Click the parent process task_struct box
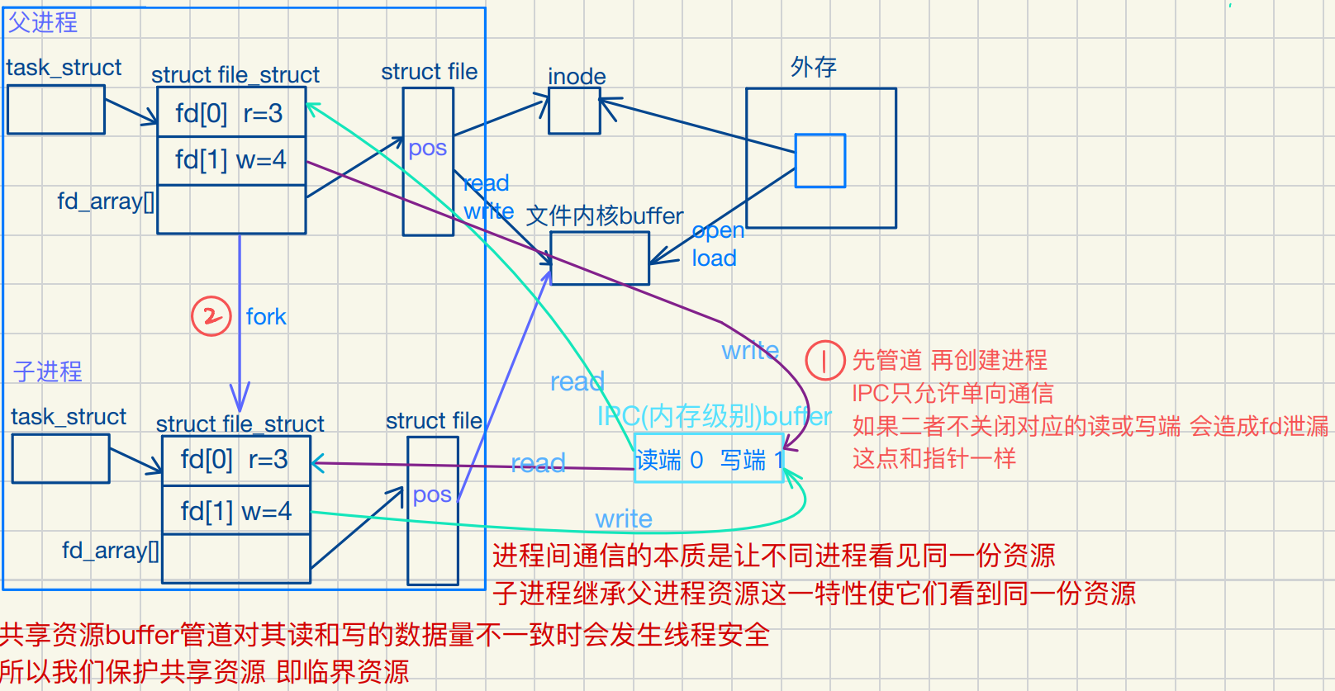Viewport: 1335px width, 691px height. click(x=56, y=110)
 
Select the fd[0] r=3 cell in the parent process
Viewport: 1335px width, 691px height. click(x=230, y=113)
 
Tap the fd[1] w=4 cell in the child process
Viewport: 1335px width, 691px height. click(x=235, y=511)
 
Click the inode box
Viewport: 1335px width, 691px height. click(x=574, y=111)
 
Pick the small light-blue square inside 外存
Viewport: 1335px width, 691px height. click(x=820, y=161)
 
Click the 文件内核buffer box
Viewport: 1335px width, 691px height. click(x=600, y=258)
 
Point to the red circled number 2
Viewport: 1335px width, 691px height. click(x=211, y=316)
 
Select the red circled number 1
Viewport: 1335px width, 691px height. click(x=824, y=360)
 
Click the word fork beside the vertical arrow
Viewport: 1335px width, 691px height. click(x=266, y=317)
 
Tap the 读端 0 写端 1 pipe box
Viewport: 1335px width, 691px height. click(x=709, y=459)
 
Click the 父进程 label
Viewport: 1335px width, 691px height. click(x=43, y=22)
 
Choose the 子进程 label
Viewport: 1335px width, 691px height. click(x=48, y=372)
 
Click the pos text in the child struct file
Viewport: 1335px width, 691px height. click(x=432, y=495)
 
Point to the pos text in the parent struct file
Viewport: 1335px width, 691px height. click(x=427, y=149)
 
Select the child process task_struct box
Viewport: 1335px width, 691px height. click(x=61, y=459)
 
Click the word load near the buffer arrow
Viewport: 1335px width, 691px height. click(x=714, y=258)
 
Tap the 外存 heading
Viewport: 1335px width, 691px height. click(x=814, y=67)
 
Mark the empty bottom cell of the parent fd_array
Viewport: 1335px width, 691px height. click(x=231, y=210)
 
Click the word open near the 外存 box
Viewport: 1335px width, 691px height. click(x=718, y=231)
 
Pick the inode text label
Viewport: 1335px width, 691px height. click(x=577, y=76)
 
